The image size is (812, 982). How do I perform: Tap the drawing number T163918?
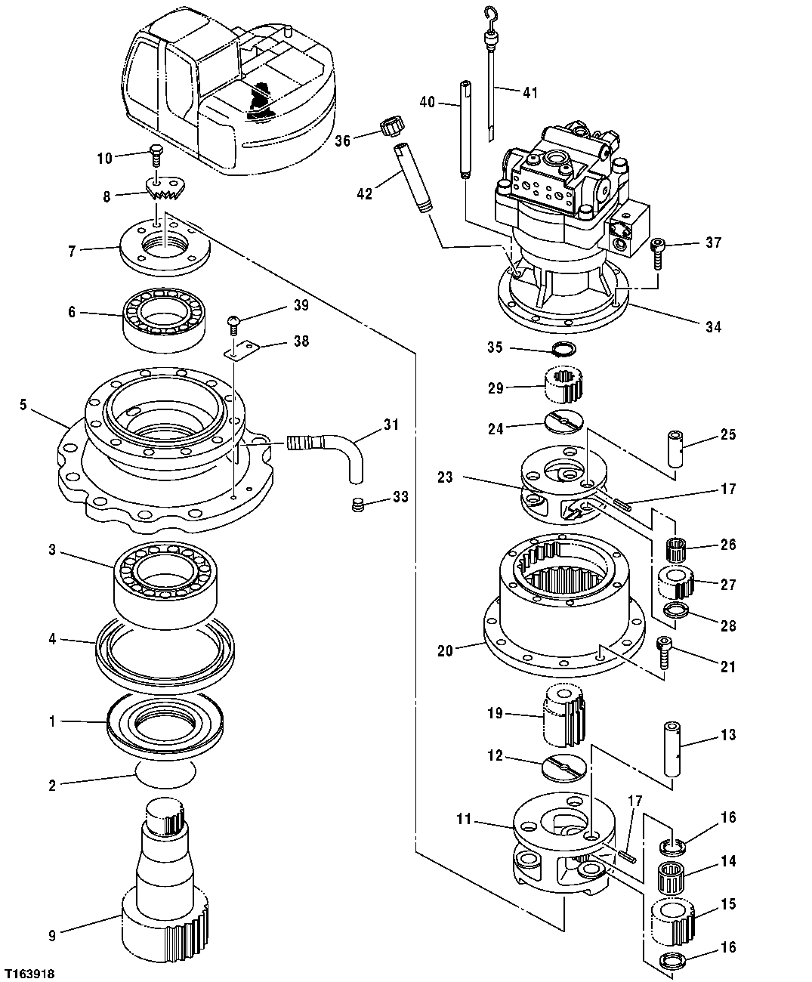coord(28,974)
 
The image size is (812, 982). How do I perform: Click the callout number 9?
coord(52,935)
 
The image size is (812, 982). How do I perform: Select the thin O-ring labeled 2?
coord(165,774)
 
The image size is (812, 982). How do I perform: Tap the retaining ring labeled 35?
coord(563,348)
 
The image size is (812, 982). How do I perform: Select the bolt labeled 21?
coord(665,653)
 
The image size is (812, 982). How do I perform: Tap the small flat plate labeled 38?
coord(243,348)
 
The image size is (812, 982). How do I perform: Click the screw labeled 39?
coord(234,326)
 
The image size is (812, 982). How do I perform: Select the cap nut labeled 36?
coord(391,127)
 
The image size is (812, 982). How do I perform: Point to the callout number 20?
coord(445,650)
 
